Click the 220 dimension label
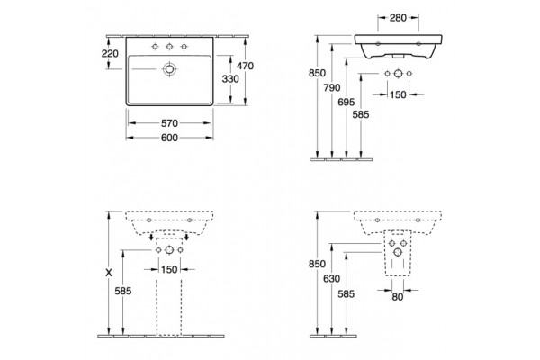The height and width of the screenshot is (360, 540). click(110, 54)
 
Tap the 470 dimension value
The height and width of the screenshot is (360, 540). click(245, 66)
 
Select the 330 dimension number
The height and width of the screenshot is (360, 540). click(230, 79)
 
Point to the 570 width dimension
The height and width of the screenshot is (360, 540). click(169, 123)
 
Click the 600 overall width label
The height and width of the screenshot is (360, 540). click(169, 138)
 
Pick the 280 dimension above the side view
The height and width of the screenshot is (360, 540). click(398, 18)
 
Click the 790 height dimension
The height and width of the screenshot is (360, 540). click(331, 88)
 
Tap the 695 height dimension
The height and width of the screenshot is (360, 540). click(346, 103)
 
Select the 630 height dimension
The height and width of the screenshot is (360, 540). click(331, 279)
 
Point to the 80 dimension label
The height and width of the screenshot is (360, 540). click(398, 297)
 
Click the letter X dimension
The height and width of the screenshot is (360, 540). click(109, 273)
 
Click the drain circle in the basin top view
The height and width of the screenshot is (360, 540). click(169, 69)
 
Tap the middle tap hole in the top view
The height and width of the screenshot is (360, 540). click(169, 47)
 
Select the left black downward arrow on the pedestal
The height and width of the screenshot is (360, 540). click(151, 237)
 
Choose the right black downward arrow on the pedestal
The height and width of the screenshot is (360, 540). click(186, 237)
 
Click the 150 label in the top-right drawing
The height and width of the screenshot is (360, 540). click(398, 94)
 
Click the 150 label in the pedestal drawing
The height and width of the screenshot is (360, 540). click(169, 269)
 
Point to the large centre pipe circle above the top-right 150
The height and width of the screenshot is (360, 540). click(398, 74)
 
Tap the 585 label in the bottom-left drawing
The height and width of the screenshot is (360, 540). click(123, 292)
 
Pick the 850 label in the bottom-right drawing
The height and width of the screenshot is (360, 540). click(317, 264)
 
